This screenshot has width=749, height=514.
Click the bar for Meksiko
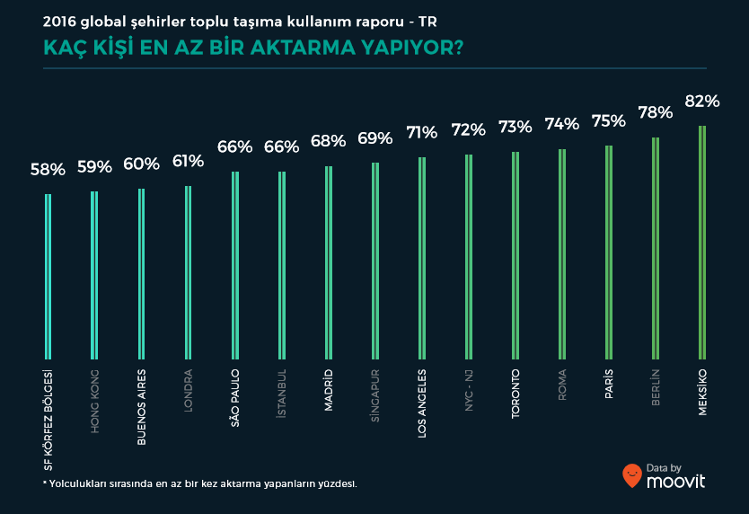702,243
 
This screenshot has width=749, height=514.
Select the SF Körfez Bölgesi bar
48,277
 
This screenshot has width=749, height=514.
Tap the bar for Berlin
656,249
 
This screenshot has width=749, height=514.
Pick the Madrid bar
329,263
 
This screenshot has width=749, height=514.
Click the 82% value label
702,102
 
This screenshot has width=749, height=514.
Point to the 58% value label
48,169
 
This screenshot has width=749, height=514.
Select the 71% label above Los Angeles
421,133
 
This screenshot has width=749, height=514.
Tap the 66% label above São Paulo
234,146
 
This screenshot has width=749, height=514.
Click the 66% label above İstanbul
281,146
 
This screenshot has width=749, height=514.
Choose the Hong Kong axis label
94,401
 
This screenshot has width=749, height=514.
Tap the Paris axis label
609,385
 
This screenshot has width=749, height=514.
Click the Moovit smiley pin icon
631,475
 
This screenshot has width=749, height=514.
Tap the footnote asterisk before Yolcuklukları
45,483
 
